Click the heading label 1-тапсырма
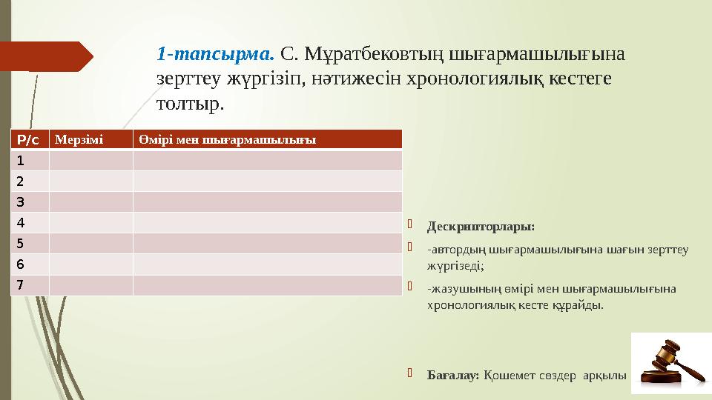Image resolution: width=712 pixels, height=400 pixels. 215,53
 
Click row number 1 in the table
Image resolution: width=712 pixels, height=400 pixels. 20,160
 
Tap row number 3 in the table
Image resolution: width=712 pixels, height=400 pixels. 20,201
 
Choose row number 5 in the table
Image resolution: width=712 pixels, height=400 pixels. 20,243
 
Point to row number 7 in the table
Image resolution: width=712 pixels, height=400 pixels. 20,284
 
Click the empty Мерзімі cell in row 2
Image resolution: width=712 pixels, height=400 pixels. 91,181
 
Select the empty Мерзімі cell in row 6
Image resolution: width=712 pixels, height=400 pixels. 91,264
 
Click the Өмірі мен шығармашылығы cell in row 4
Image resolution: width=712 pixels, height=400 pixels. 268,222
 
